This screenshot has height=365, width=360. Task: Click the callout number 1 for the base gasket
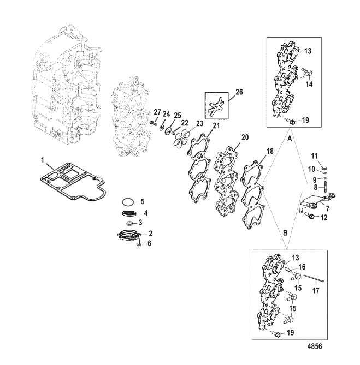pyautogui.click(x=43, y=160)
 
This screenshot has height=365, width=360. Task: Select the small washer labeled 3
pyautogui.click(x=129, y=223)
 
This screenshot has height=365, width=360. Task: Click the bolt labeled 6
pyautogui.click(x=138, y=243)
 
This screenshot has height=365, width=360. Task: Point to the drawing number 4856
pyautogui.click(x=315, y=346)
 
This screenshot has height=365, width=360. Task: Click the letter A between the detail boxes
pyautogui.click(x=290, y=139)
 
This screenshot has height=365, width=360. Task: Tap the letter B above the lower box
pyautogui.click(x=285, y=232)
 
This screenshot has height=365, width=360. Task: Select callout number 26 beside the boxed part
pyautogui.click(x=239, y=92)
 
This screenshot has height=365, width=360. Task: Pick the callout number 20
pyautogui.click(x=245, y=137)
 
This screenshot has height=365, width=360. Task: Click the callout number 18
pyautogui.click(x=270, y=152)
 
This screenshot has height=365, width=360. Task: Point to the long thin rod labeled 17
pyautogui.click(x=314, y=278)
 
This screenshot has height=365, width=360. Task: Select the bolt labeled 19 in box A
pyautogui.click(x=291, y=121)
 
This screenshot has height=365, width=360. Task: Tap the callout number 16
pyautogui.click(x=302, y=267)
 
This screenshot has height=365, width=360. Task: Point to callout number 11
pyautogui.click(x=315, y=156)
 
